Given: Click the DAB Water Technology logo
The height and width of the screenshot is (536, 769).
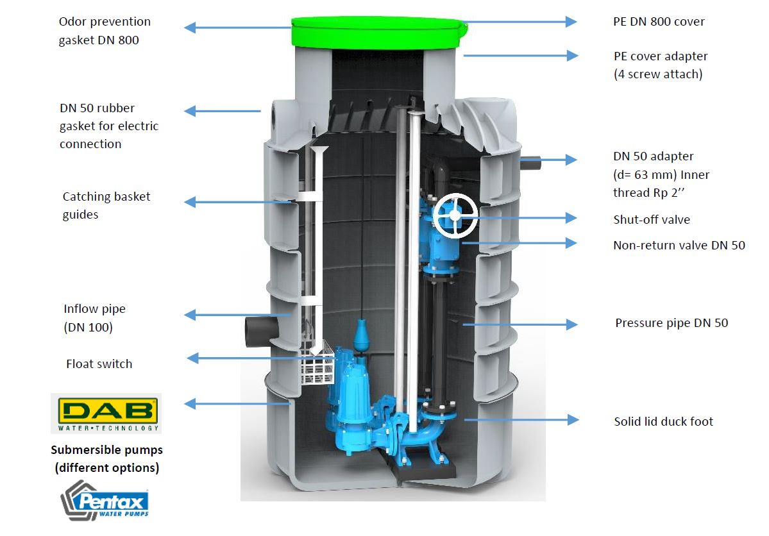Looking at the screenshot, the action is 106,414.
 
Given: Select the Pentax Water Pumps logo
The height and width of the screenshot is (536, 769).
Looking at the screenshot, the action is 105,501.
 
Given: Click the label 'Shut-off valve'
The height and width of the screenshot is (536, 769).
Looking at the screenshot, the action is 651,220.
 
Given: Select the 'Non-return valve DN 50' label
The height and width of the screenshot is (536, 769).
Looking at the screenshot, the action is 679,245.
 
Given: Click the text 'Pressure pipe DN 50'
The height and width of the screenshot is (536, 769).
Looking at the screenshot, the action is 672,322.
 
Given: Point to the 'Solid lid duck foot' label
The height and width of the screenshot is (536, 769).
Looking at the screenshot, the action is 664,421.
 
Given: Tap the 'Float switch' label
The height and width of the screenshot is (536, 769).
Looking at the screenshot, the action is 99,364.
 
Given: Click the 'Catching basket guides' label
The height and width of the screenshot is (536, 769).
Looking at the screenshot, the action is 106,205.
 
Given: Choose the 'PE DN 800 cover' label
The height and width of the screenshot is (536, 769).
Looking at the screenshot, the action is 659,22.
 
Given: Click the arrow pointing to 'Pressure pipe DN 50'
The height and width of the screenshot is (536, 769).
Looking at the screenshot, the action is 520,324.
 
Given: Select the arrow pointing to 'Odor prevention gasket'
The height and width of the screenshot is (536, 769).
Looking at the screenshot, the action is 239,28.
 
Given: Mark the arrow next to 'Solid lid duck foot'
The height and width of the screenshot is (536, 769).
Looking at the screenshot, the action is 521,420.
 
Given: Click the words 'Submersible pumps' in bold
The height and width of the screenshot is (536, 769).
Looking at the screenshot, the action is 107,449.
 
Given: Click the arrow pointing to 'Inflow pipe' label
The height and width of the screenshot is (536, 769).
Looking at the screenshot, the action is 239,315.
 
